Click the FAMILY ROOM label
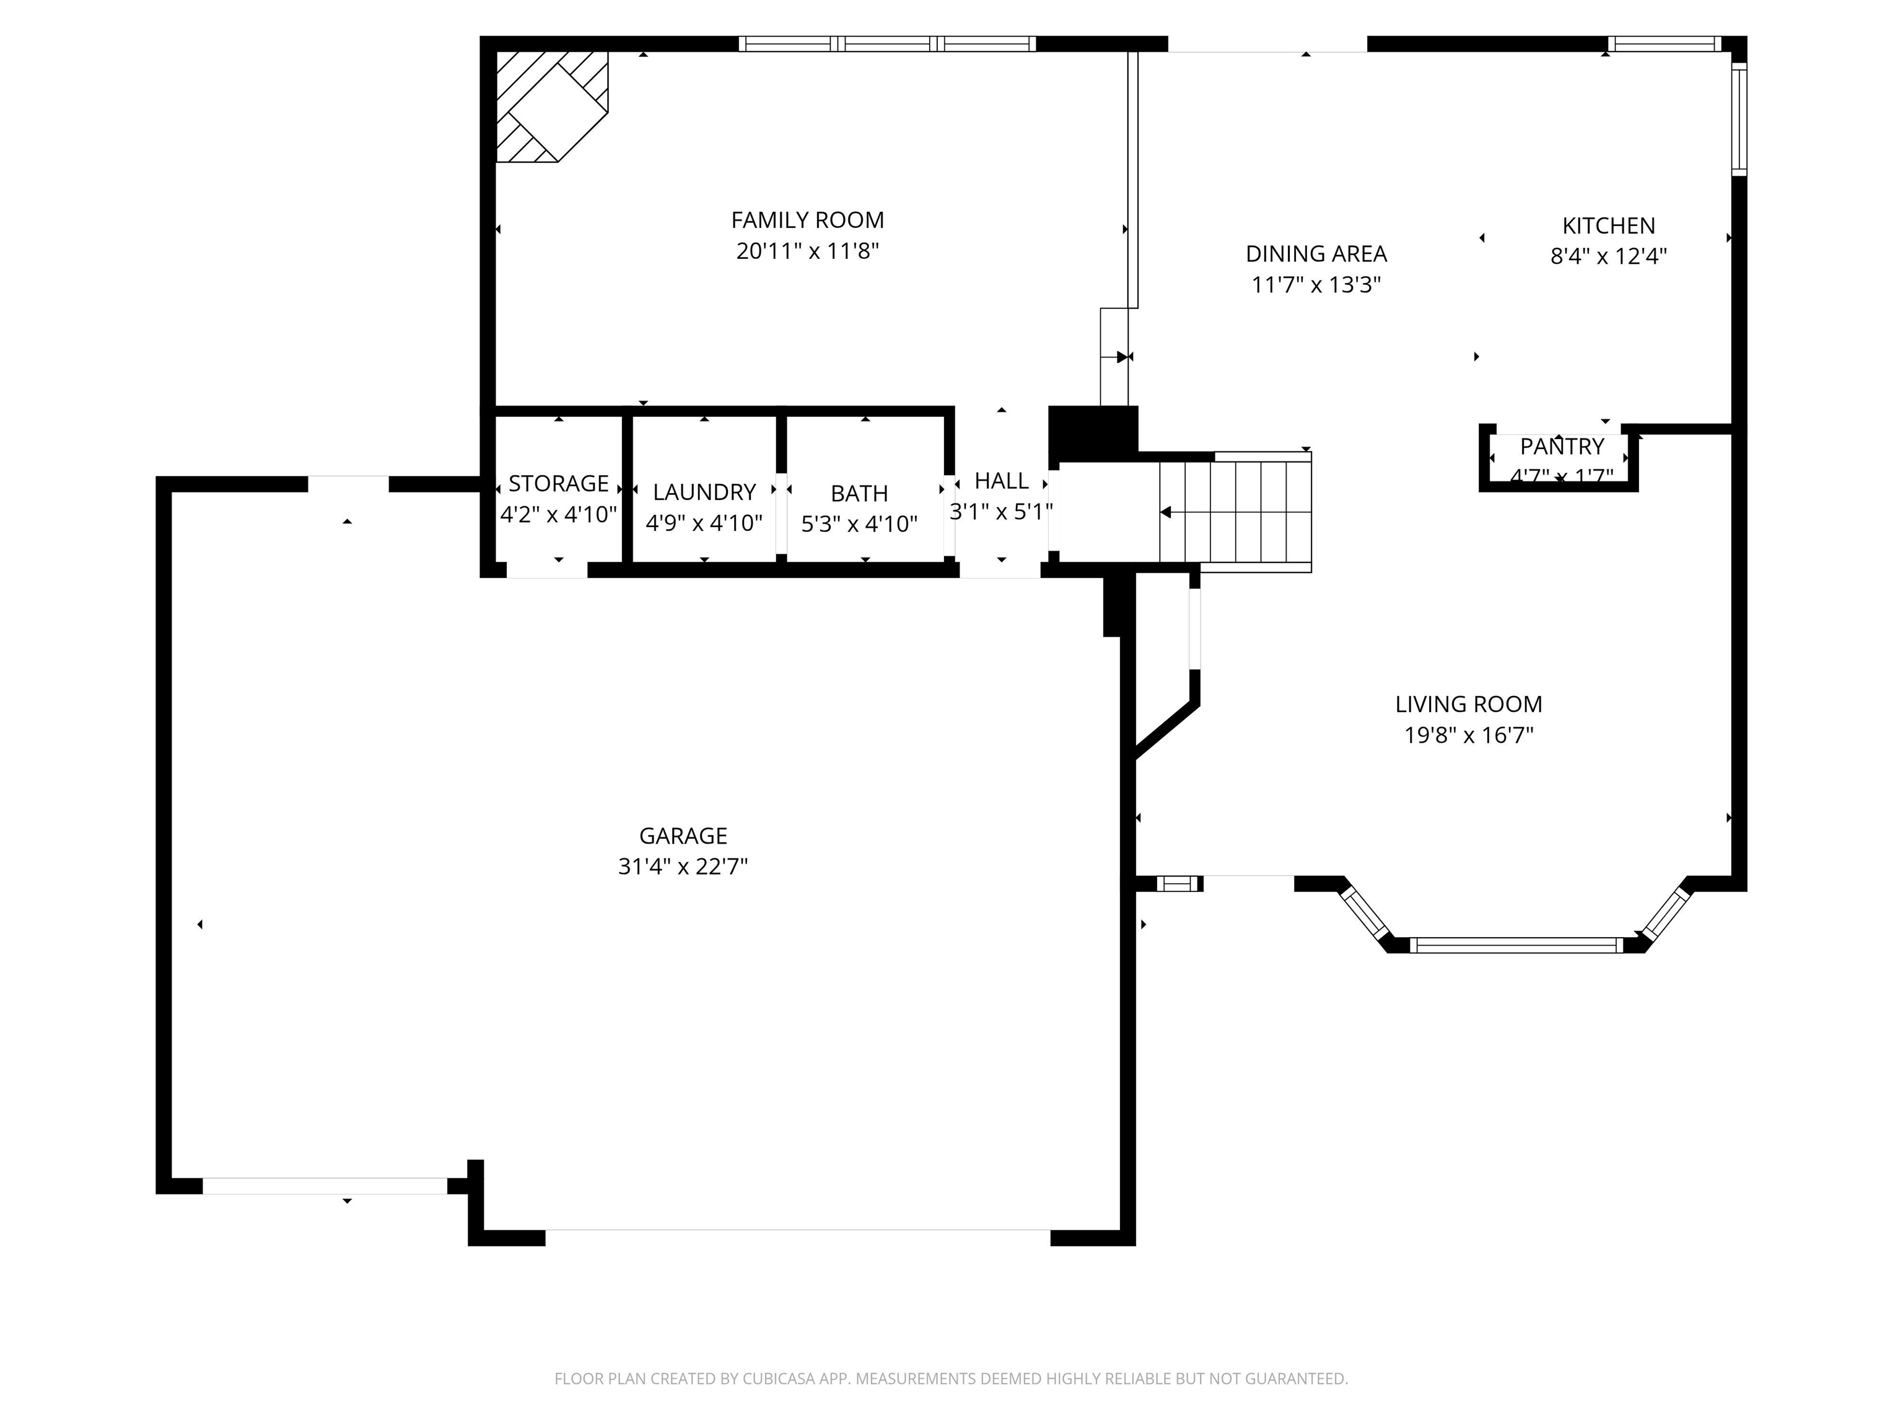[x=807, y=220]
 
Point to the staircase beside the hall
[x=1235, y=512]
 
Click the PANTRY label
[x=1562, y=447]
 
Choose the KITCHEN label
[x=1608, y=225]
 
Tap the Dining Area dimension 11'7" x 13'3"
[x=1315, y=285]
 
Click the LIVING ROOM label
[x=1468, y=704]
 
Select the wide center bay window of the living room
[x=1516, y=945]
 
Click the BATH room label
[x=859, y=493]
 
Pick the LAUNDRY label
[x=704, y=492]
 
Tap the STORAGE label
[x=558, y=483]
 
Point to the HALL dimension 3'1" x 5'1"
[x=1000, y=512]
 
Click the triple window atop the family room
[x=887, y=44]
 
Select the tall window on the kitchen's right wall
[x=1739, y=120]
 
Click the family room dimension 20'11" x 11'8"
[x=807, y=251]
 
